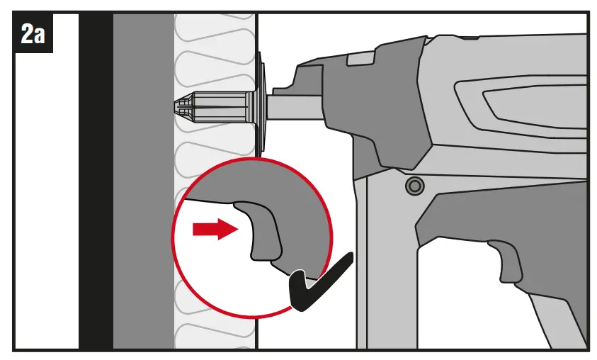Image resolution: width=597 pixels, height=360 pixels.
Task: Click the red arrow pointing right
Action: point(214,229)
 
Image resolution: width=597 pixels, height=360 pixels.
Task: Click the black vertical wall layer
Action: point(95,177)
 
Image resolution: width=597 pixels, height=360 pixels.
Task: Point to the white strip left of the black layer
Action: point(46,198)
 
